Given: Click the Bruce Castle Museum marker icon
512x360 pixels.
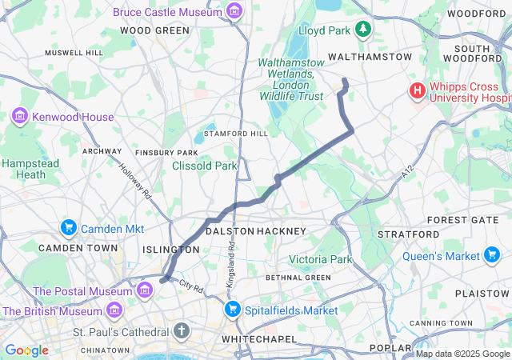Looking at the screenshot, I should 234,11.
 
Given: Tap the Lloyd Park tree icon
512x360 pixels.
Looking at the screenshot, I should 364,30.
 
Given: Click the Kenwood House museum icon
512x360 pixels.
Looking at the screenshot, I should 20,117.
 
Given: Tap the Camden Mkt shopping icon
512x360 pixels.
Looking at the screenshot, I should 68,229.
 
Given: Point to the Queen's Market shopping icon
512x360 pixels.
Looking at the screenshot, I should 493,256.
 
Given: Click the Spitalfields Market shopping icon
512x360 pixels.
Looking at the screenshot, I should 233,310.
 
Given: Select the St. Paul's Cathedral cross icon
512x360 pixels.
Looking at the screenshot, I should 182,330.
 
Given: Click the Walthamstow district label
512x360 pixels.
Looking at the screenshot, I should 370,58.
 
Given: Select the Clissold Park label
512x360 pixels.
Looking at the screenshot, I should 205,166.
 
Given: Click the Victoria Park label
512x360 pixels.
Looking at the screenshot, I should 319,260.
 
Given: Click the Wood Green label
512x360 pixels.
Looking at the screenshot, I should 154,30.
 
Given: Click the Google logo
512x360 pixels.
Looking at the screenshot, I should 27,350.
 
